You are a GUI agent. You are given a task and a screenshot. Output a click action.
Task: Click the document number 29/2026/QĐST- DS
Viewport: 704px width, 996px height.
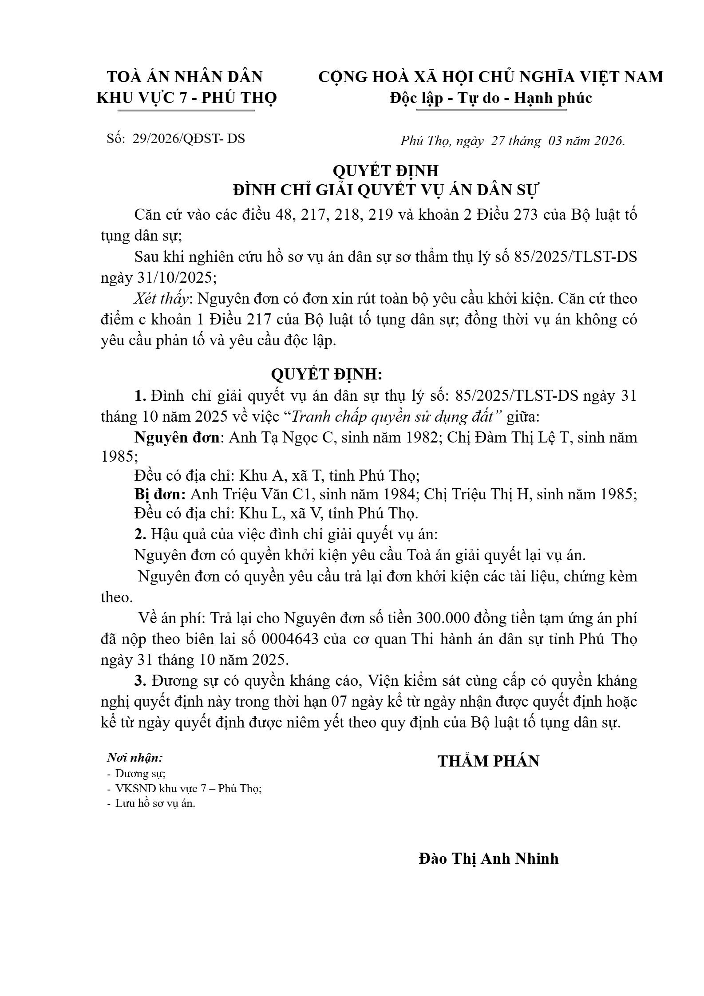189,138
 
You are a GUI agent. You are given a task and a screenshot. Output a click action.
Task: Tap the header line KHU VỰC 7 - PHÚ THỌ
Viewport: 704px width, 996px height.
186,98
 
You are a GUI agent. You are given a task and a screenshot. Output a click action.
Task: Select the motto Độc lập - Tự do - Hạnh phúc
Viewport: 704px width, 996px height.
490,98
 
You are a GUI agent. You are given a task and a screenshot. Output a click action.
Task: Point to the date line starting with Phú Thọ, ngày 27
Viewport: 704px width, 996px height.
512,141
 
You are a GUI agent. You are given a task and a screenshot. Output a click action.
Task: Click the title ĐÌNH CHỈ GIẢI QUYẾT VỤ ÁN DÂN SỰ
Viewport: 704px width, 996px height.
385,190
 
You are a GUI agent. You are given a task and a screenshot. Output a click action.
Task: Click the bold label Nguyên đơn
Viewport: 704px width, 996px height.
177,438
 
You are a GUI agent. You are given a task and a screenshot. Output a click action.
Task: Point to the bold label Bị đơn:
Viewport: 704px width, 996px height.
160,494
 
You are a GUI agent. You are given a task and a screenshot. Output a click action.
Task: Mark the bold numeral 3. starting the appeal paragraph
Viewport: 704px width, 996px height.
141,681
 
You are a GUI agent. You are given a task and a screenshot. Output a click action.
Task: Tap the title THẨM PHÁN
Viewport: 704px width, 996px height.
488,761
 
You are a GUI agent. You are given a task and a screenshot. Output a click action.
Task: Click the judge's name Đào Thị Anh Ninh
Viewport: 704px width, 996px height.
488,871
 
